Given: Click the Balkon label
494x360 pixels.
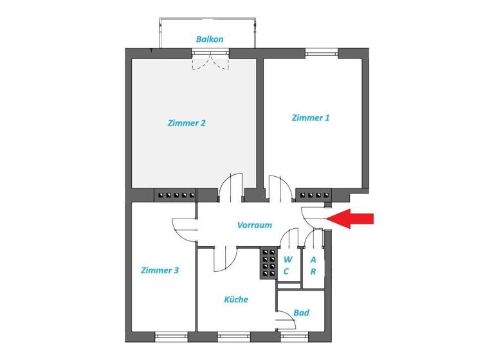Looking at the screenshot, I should [210, 39].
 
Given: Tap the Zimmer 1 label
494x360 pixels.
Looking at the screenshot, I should [311, 118].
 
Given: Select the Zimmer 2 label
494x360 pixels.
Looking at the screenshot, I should [186, 123].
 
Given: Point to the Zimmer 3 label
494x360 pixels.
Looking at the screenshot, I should [160, 271].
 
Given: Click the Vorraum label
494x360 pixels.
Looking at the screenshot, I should [254, 225].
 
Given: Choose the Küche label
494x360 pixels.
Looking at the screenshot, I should [235, 300].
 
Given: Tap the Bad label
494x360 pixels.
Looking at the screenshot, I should [301, 313].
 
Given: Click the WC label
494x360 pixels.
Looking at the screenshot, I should [288, 265].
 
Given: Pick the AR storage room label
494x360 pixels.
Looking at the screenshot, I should [313, 265].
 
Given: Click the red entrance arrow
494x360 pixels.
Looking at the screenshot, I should [353, 219].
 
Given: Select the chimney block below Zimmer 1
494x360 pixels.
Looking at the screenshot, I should [313, 194].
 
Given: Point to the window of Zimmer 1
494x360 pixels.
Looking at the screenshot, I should [321, 54].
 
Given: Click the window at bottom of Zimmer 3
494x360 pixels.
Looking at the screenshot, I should [171, 336].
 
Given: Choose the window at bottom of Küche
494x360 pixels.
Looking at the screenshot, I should [233, 336].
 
